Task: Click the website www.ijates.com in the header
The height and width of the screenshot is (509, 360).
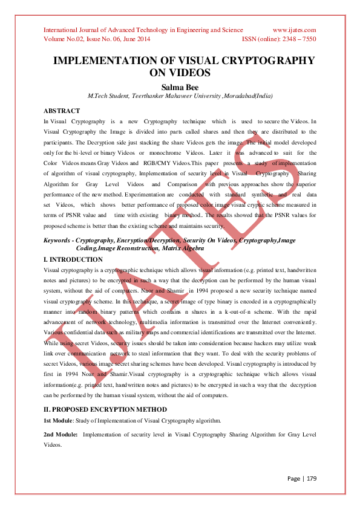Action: point(294,30)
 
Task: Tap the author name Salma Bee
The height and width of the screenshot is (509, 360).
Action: point(180,86)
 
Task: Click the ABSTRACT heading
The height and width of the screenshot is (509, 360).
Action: point(62,111)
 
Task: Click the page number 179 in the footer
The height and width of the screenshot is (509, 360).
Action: point(311,479)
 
